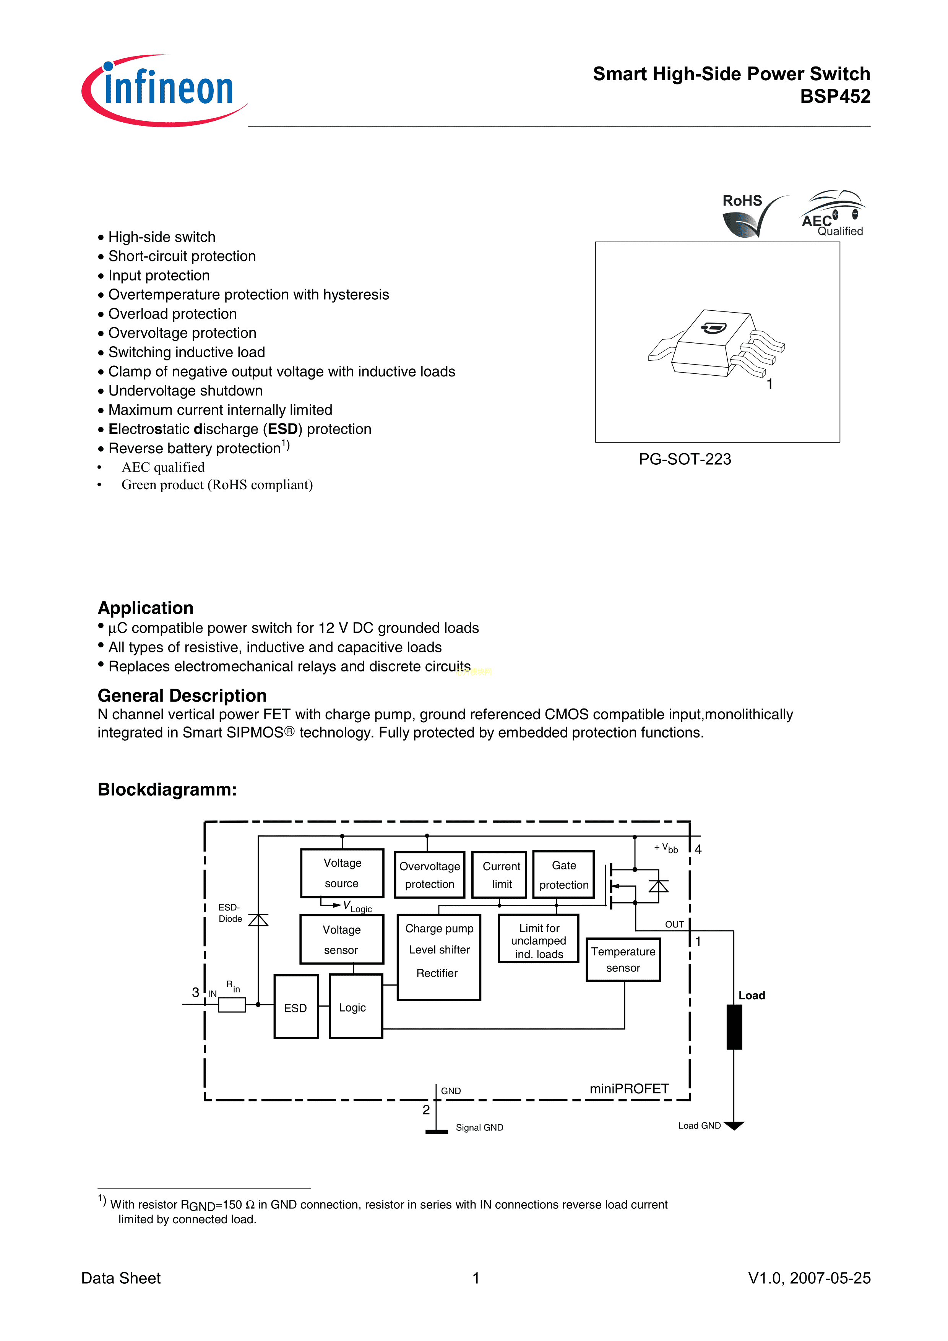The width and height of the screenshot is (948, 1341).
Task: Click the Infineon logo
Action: click(x=164, y=91)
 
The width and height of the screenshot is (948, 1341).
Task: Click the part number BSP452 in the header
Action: click(x=835, y=96)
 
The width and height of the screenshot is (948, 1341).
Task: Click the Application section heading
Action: click(x=145, y=608)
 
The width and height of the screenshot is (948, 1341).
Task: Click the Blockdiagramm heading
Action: click(x=167, y=790)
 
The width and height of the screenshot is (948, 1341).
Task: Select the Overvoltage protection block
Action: click(x=429, y=875)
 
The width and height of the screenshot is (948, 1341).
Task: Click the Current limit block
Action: click(x=501, y=875)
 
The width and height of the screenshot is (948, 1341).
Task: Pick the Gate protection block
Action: click(x=564, y=874)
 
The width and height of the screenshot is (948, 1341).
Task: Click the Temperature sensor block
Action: click(x=623, y=960)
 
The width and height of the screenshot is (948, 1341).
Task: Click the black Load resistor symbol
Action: click(x=734, y=1027)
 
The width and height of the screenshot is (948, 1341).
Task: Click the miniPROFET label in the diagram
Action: click(x=629, y=1089)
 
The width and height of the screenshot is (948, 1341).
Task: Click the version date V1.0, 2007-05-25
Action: click(x=809, y=1278)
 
